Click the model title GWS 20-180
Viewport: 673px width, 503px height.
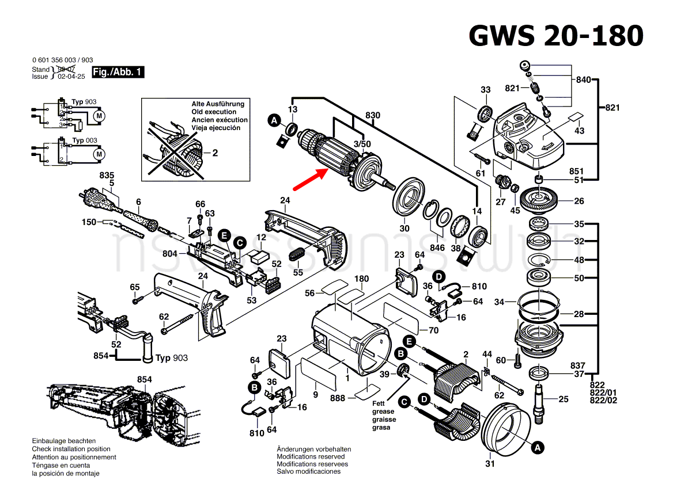(555, 36)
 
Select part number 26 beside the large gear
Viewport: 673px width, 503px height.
(579, 201)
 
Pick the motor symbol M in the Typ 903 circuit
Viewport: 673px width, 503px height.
(99, 116)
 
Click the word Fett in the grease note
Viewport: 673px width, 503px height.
(378, 403)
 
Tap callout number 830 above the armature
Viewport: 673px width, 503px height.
(373, 115)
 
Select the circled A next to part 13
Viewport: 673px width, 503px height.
(275, 120)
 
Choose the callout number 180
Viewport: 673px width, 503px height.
(361, 279)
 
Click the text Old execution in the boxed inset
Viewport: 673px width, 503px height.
(214, 112)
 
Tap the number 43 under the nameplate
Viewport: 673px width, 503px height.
(579, 131)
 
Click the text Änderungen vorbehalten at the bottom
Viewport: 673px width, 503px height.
(313, 449)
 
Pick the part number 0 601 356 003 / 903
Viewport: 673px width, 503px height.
(63, 60)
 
